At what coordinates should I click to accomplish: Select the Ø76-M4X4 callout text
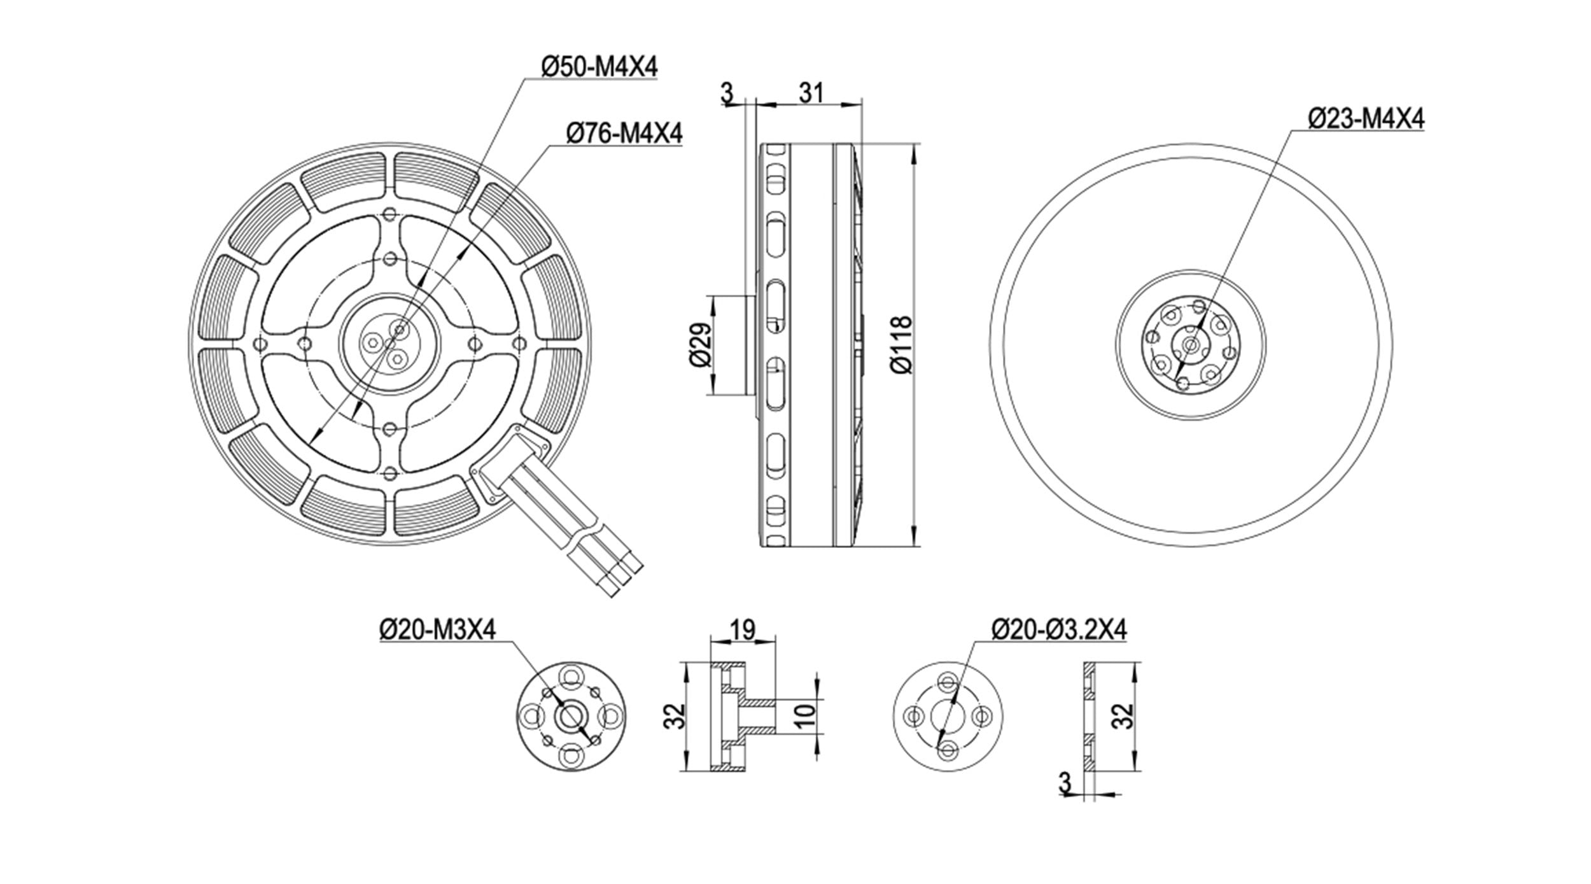click(624, 133)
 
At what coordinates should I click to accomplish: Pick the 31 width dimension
click(811, 93)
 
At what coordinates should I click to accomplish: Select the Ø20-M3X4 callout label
click(437, 630)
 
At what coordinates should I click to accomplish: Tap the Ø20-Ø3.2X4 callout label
click(1059, 630)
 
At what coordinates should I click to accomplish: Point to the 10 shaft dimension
click(805, 717)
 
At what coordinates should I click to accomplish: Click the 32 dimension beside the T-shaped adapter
click(677, 716)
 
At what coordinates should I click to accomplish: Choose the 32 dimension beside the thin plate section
click(1125, 716)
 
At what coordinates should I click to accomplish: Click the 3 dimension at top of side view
click(727, 93)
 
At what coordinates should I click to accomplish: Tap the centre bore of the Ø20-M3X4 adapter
click(570, 717)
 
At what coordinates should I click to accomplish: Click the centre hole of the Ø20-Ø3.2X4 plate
click(948, 717)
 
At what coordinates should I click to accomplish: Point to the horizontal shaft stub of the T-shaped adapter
click(756, 717)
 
